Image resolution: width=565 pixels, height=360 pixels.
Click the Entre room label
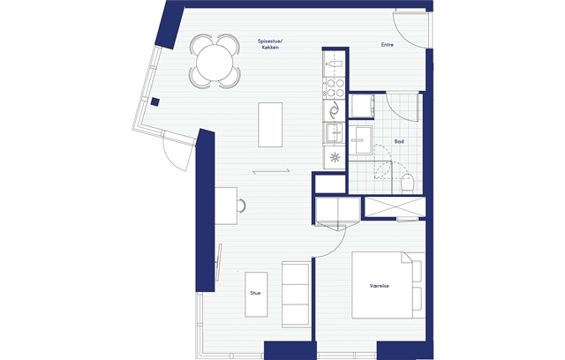[388, 45]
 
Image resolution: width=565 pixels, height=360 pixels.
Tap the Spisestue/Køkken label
[270, 44]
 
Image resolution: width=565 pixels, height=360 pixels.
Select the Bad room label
[399, 141]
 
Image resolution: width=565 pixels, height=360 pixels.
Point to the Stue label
[255, 293]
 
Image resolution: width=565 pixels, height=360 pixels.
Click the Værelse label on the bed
[380, 286]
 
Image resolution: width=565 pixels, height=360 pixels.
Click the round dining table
[215, 63]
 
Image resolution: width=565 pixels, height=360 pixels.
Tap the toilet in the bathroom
[407, 183]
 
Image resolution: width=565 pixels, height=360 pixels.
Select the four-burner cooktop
[335, 88]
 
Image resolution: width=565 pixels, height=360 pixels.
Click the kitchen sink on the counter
[335, 133]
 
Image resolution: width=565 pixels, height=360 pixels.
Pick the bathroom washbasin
[361, 140]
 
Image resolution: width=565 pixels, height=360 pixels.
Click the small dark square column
[155, 101]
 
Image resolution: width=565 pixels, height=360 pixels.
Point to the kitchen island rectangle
[270, 124]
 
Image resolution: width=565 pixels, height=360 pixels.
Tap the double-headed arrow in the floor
[271, 171]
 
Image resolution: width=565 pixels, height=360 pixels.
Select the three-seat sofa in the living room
[296, 295]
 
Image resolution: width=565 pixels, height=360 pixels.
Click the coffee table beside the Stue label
[256, 295]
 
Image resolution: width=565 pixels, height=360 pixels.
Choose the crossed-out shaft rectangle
[395, 206]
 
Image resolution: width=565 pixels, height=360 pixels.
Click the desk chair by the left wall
[241, 206]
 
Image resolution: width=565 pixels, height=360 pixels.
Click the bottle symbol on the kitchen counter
[334, 64]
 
